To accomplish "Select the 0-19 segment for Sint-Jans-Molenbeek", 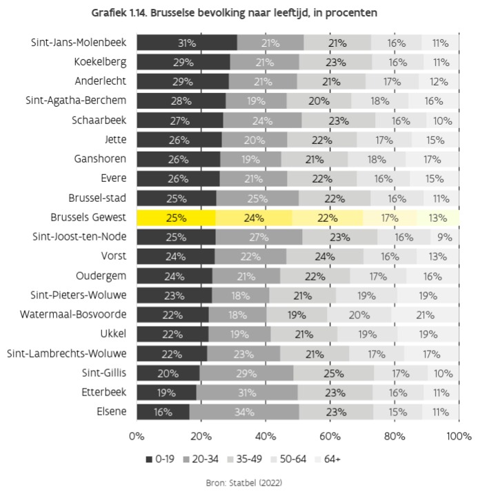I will click(x=186, y=43).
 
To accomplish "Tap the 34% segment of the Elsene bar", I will click(x=244, y=412).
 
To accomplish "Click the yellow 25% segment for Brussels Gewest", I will click(x=176, y=218).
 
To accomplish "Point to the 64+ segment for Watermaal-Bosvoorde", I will click(x=425, y=315).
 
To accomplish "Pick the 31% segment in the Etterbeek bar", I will click(x=247, y=393).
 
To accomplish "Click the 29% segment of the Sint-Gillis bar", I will click(x=246, y=373).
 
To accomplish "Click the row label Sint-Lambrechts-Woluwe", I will click(x=67, y=354).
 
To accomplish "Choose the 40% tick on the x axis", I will click(x=266, y=437).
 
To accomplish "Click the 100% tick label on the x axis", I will click(x=457, y=437).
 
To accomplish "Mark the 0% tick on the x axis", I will click(x=137, y=437).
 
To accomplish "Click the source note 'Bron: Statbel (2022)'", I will click(x=239, y=483).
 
